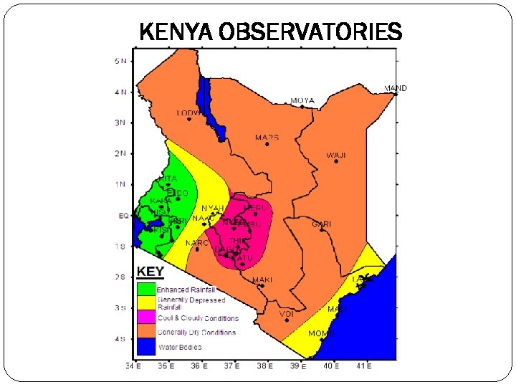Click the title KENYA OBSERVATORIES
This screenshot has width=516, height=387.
[x=270, y=32]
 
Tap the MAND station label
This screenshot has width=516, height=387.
[x=396, y=88]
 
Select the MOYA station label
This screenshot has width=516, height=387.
[x=302, y=100]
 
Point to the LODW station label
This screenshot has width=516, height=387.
[x=188, y=113]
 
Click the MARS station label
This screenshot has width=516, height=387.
[x=267, y=137]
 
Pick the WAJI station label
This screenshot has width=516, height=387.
[x=336, y=155]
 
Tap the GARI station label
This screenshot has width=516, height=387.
[x=321, y=224]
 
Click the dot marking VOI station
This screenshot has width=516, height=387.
[x=287, y=320]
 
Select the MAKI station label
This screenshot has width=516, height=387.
[x=262, y=279]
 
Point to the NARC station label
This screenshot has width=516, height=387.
[x=197, y=243]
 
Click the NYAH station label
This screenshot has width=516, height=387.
[x=213, y=208]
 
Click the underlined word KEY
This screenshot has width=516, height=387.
[x=150, y=272]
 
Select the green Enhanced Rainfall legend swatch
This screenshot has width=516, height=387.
[x=146, y=289]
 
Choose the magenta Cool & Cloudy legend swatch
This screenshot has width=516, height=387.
[x=146, y=317]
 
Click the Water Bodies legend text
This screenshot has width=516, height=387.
[x=180, y=347]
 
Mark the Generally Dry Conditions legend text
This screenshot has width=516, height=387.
[x=196, y=333]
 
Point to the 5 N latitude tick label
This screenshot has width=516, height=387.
[x=121, y=60]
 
